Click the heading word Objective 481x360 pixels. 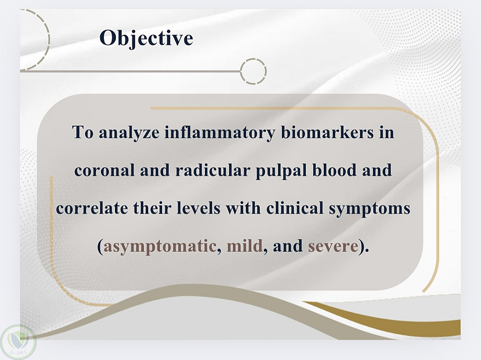point(146,38)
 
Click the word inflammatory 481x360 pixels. point(219,133)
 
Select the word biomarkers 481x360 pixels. point(327,133)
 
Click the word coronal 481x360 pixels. point(104,170)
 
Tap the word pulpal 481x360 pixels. point(281,171)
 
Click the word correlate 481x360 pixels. point(92,208)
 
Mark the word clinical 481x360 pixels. point(295,208)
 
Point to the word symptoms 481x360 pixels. point(369,209)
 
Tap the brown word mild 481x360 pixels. point(244,246)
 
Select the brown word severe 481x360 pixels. point(333,247)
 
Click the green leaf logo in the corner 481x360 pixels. point(18,341)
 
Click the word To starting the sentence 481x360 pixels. point(83,133)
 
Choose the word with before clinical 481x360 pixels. point(243,208)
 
